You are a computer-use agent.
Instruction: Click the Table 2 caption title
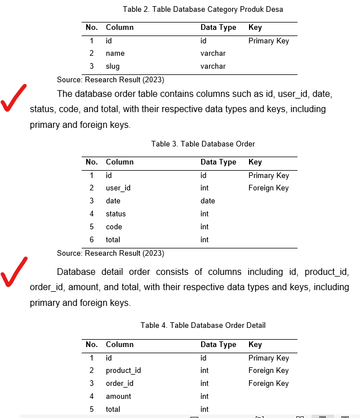pyautogui.click(x=203, y=9)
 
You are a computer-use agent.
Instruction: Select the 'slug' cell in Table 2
pyautogui.click(x=113, y=66)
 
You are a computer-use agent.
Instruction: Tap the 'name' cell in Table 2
pyautogui.click(x=115, y=54)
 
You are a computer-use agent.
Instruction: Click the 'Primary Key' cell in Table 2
pyautogui.click(x=268, y=41)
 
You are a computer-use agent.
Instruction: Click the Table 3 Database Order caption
pyautogui.click(x=203, y=144)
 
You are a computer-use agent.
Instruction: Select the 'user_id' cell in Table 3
pyautogui.click(x=118, y=188)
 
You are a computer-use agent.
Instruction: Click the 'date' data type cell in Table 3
pyautogui.click(x=207, y=201)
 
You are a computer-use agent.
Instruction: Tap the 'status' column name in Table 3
pyautogui.click(x=115, y=214)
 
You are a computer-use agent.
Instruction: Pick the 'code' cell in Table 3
pyautogui.click(x=114, y=227)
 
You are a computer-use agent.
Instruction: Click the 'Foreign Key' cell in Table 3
pyautogui.click(x=268, y=188)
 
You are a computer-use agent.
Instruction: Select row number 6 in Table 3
pyautogui.click(x=91, y=240)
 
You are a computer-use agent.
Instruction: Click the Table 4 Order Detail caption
pyautogui.click(x=203, y=325)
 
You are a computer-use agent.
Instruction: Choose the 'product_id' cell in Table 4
pyautogui.click(x=123, y=371)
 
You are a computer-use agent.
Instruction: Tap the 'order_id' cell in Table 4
pyautogui.click(x=119, y=384)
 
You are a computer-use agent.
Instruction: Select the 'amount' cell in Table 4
pyautogui.click(x=118, y=397)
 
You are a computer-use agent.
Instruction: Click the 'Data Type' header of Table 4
pyautogui.click(x=218, y=344)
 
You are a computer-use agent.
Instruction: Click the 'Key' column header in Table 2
pyautogui.click(x=255, y=27)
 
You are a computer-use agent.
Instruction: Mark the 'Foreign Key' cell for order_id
pyautogui.click(x=268, y=384)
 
